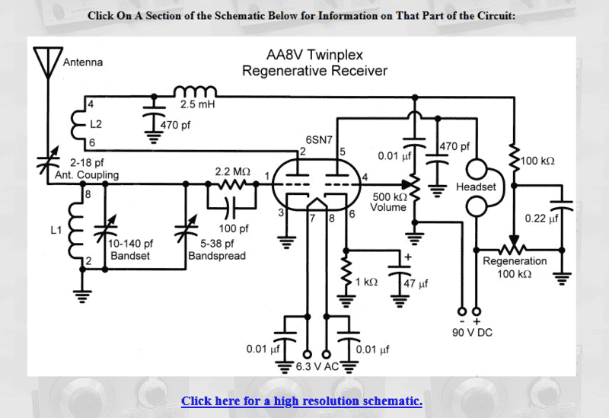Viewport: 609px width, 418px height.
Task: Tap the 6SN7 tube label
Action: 319,140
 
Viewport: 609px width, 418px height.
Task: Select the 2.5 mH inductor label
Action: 197,104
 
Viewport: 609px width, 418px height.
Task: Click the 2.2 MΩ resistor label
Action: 232,172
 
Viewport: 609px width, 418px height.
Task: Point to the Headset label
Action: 476,187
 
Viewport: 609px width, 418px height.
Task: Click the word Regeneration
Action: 515,261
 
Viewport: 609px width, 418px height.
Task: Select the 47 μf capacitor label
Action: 414,283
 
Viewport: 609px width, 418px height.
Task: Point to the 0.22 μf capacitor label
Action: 542,219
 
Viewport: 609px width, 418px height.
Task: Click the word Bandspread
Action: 217,256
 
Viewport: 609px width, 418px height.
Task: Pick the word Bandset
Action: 130,256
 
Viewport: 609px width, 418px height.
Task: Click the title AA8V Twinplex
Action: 314,56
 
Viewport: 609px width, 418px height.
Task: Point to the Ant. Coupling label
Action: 87,175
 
